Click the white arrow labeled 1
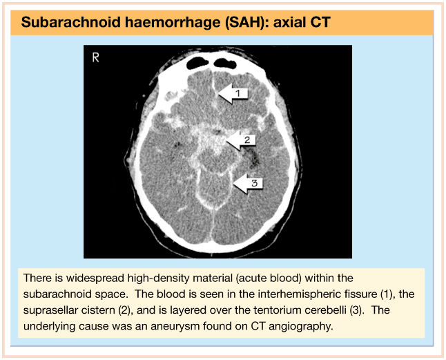(x=233, y=93)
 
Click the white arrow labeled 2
(x=241, y=140)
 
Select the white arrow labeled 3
(x=248, y=183)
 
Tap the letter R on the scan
(x=95, y=58)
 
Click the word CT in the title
(x=320, y=22)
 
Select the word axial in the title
(x=289, y=22)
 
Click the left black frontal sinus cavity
(x=197, y=63)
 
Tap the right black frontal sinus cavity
(x=225, y=63)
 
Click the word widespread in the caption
(x=95, y=278)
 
